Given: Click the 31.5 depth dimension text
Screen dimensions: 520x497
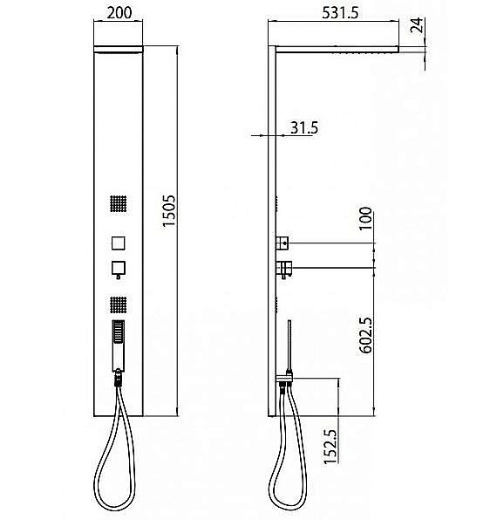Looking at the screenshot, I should (x=303, y=127).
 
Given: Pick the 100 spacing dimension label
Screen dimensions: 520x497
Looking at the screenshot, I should (x=364, y=218).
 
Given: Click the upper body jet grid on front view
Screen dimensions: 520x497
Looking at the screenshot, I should (x=119, y=205).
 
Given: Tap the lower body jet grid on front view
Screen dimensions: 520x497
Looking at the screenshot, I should (x=119, y=304).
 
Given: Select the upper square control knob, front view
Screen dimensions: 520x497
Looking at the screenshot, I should (x=119, y=242).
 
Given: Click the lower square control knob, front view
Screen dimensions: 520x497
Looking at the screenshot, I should (x=119, y=267).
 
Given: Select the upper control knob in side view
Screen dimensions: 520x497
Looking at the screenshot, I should (x=283, y=242).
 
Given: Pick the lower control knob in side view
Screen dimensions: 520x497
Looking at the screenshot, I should (x=283, y=266).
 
